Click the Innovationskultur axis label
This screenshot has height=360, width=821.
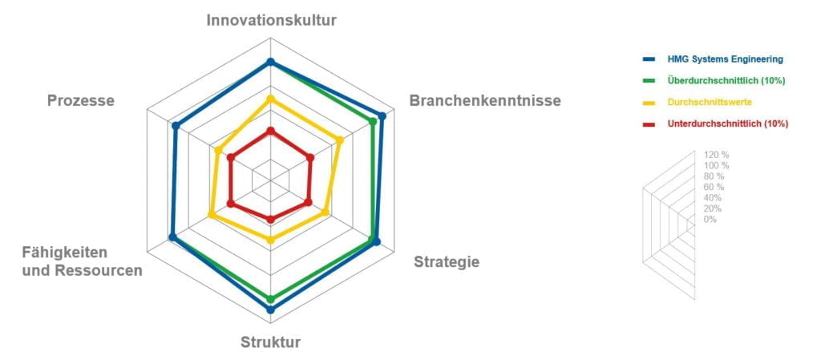click(271, 20)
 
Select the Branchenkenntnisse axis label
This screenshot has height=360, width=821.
click(485, 100)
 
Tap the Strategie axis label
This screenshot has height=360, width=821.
click(446, 261)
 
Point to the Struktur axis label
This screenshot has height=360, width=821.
click(270, 342)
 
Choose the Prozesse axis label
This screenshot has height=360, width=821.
click(81, 100)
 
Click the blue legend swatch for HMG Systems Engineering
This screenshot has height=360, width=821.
click(649, 59)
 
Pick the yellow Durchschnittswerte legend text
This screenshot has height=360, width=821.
click(710, 102)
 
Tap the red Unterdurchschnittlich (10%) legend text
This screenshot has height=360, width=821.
click(728, 124)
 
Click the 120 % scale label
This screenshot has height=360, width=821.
click(717, 155)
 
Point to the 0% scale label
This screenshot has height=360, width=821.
click(710, 219)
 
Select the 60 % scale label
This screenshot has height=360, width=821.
click(713, 187)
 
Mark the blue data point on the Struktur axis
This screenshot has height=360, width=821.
click(270, 309)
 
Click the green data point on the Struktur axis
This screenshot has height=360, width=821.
click(270, 299)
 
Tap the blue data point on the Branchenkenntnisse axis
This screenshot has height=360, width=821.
click(382, 116)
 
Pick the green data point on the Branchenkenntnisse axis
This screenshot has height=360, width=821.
click(373, 121)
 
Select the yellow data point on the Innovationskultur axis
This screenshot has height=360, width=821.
click(270, 99)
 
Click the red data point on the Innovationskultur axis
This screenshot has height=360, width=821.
click(270, 131)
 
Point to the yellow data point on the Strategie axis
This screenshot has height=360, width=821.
click(325, 212)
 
